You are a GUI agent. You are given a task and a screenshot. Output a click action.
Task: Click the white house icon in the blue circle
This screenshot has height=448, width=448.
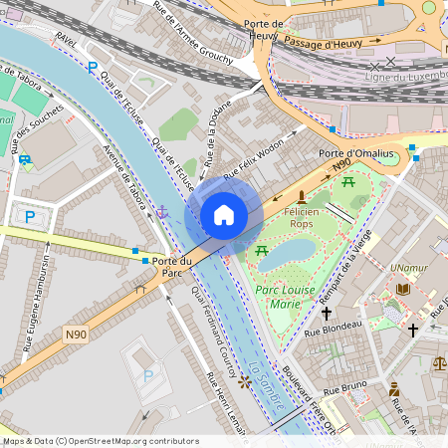click(224, 215)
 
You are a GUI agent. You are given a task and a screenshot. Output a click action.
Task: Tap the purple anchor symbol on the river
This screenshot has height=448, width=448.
click(161, 211)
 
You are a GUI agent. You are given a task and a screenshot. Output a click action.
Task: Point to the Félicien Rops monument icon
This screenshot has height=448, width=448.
click(302, 196)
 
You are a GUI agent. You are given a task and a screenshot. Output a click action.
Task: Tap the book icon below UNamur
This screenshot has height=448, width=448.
click(402, 289)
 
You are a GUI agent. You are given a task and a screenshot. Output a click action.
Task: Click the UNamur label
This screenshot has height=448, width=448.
click(409, 269)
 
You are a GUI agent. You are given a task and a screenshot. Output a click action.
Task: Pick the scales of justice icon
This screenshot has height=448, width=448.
click(440, 364)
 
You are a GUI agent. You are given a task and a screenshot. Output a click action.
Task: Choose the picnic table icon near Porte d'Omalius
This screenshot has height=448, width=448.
click(348, 182)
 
